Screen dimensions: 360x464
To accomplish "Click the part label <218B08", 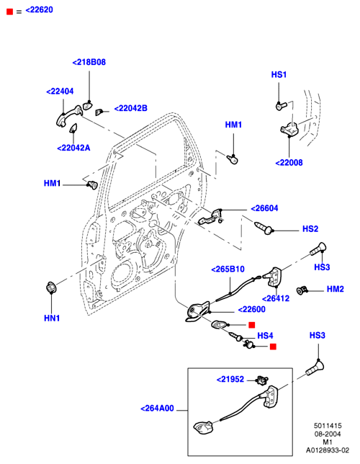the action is (x=89, y=62).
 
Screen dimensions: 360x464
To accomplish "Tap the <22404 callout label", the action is (x=60, y=91).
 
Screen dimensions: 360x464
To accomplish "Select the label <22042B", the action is (x=131, y=108).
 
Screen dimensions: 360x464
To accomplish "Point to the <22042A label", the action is (x=73, y=148).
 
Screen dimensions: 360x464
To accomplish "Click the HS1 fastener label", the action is (x=279, y=75).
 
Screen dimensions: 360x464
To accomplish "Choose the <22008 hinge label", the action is (x=289, y=162).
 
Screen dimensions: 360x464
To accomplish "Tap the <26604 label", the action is (x=264, y=208).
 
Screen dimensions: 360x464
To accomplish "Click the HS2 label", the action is (x=310, y=228).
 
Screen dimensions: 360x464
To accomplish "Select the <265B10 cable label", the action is (x=228, y=269).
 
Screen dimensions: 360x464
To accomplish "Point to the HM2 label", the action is (x=336, y=289).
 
